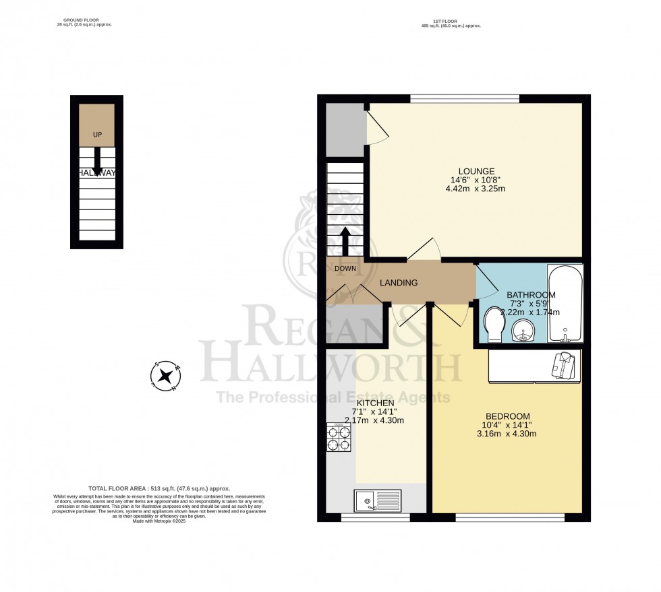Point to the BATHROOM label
pos(531,295)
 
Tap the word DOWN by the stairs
pos(345,268)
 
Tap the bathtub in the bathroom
pos(565,304)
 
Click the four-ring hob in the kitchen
pos(339,438)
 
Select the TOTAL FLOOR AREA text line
pos(159,488)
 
